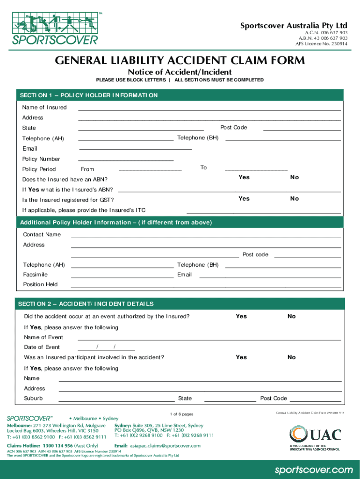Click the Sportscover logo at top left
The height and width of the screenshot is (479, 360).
pos(55,27)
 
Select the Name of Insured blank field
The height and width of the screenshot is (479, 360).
pos(209,108)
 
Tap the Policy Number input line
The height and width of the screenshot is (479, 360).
pos(126,159)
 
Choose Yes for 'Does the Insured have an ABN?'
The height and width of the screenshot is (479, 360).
pos(244,177)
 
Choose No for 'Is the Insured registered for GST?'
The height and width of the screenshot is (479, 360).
pos(294,199)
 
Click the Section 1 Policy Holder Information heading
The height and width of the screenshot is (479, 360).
pos(88,95)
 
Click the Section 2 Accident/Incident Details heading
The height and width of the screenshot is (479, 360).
pos(86,304)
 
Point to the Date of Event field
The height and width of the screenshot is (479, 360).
pos(106,347)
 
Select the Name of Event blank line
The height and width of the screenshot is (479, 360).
pos(209,337)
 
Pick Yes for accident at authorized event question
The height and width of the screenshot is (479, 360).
pos(241,316)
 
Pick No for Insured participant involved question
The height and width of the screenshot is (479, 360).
pos(291,357)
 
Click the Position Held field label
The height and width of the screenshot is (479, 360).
pos(40,284)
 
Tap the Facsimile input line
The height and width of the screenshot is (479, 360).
pos(122,275)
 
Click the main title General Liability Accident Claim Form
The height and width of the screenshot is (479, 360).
pos(180,61)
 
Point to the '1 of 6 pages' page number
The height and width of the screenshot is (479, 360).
pos(182,414)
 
